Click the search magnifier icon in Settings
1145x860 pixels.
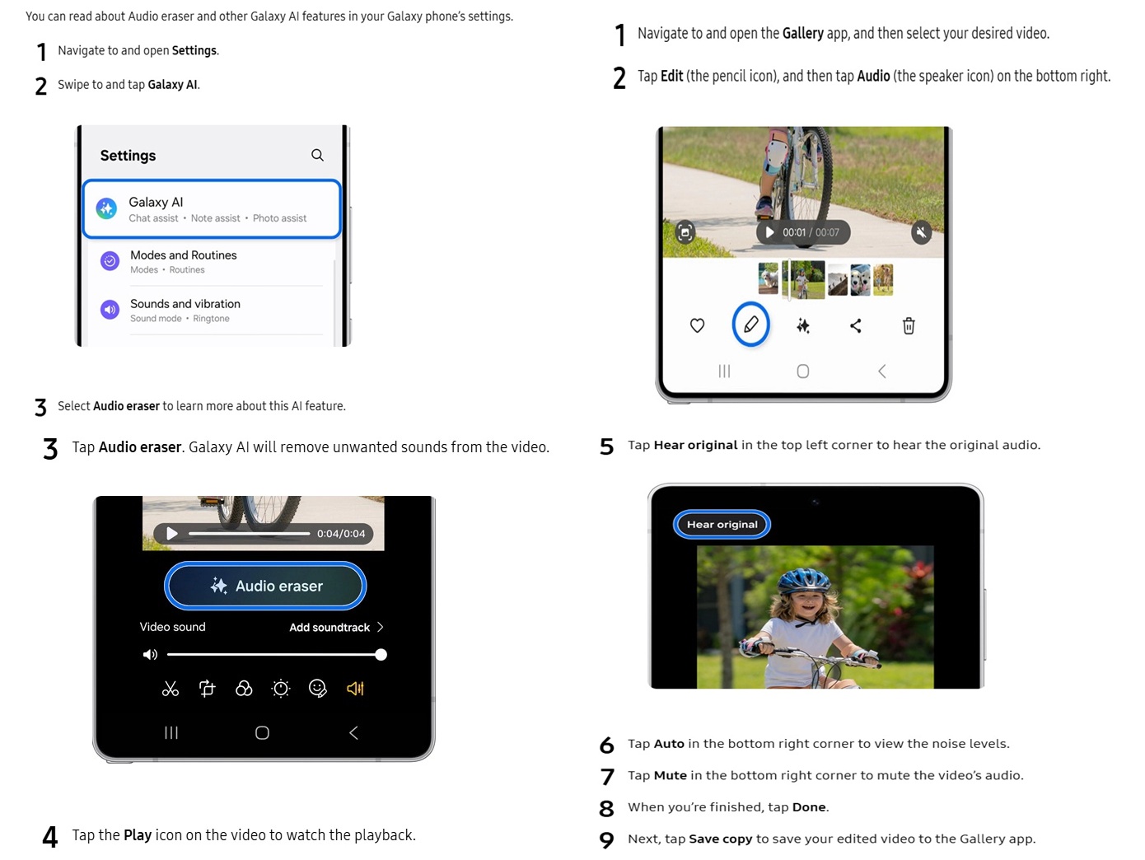pos(317,155)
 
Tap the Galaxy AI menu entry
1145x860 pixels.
pos(212,209)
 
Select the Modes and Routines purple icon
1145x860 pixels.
pos(110,261)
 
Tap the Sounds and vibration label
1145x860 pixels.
pos(185,304)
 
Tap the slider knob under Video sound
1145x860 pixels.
pos(381,655)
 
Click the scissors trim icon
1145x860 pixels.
pos(171,689)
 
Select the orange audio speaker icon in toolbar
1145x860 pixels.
pos(355,689)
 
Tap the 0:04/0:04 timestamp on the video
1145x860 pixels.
pos(341,534)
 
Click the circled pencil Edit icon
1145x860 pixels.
pos(750,325)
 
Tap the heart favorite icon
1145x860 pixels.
pos(697,326)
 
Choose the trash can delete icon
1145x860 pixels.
pos(909,326)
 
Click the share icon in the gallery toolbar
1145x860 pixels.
pos(856,326)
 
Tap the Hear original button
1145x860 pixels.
pos(722,525)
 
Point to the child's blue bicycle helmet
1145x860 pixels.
pos(803,581)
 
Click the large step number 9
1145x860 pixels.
pos(607,839)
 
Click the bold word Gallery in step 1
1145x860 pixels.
pos(802,34)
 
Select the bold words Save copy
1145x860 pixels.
pos(720,839)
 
